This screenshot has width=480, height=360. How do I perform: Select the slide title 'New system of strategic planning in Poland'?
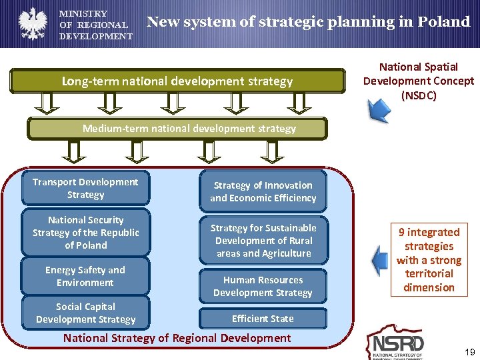tap(308, 22)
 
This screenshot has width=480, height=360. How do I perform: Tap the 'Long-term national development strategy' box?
tap(177, 81)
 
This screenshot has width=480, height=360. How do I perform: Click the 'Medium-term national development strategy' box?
tap(177, 128)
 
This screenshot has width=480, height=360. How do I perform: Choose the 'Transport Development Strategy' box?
tap(85, 188)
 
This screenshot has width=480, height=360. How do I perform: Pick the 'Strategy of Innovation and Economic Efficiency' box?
tap(263, 191)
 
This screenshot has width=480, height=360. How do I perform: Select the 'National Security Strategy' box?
tap(85, 232)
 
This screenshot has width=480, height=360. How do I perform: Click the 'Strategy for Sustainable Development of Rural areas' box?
tap(263, 240)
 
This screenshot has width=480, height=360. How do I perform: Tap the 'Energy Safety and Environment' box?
tap(85, 276)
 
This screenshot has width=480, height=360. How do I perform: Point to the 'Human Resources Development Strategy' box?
tap(263, 287)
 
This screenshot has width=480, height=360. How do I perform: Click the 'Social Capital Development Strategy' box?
tap(85, 313)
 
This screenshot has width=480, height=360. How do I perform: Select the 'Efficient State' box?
tap(263, 319)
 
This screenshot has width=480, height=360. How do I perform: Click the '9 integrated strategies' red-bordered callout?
tap(429, 260)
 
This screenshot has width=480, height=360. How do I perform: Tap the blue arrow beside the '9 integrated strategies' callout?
tap(381, 260)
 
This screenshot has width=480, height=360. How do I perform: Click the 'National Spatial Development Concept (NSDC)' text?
tap(419, 81)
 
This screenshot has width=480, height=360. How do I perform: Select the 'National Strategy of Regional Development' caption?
tap(177, 338)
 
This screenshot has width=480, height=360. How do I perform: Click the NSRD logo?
tap(398, 344)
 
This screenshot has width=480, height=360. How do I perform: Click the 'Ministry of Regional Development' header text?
tap(95, 25)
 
